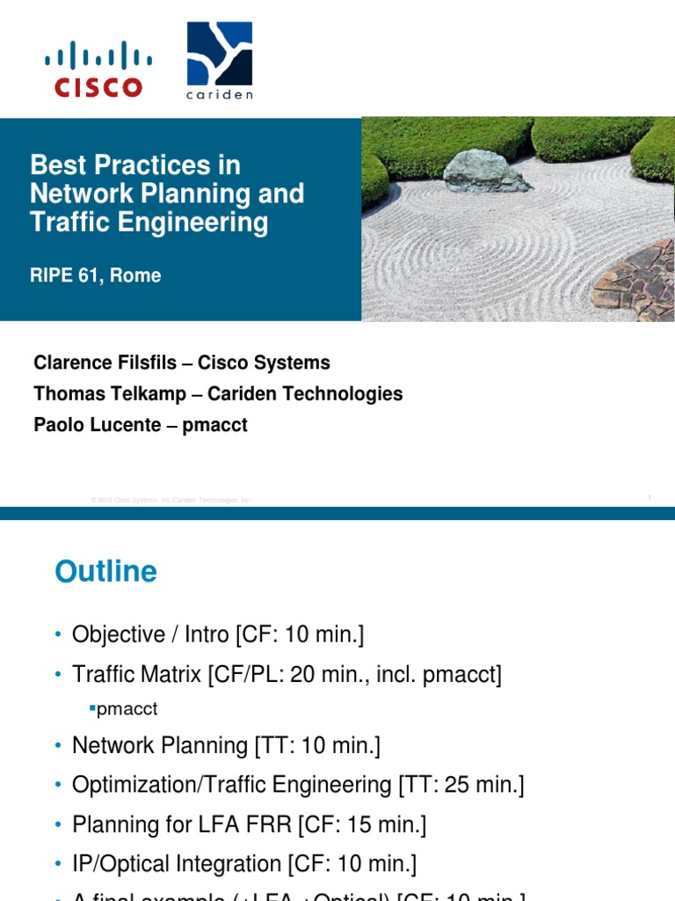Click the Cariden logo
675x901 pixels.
[x=219, y=61]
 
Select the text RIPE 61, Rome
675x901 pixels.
[x=96, y=275]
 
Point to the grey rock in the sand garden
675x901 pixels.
[x=485, y=170]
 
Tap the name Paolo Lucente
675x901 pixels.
[x=98, y=425]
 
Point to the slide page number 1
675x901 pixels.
[x=649, y=498]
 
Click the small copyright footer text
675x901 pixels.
[x=171, y=500]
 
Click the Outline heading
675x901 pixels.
[x=105, y=572]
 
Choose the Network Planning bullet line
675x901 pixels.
[x=226, y=745]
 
